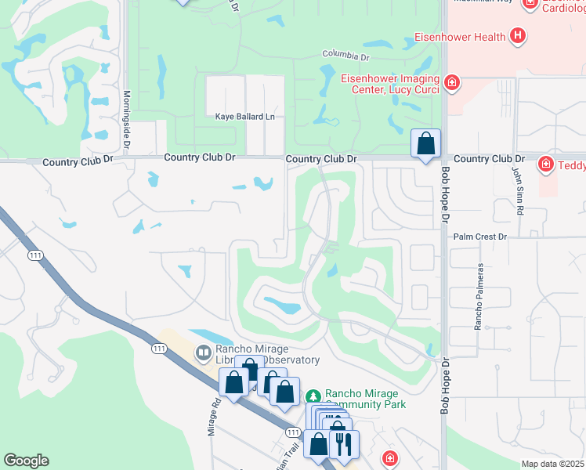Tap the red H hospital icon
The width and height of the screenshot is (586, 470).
(516, 35)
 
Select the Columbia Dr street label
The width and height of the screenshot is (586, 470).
(345, 55)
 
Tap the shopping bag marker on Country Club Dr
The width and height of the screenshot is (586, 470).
(425, 144)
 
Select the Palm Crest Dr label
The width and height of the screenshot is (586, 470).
(481, 236)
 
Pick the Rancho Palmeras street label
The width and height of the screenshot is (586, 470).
(477, 296)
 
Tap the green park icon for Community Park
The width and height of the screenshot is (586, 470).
(313, 395)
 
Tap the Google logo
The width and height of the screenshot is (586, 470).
(27, 461)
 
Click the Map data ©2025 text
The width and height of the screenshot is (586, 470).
(552, 464)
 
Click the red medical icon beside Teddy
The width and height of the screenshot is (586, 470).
(545, 164)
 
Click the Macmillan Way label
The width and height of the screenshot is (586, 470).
(485, 2)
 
